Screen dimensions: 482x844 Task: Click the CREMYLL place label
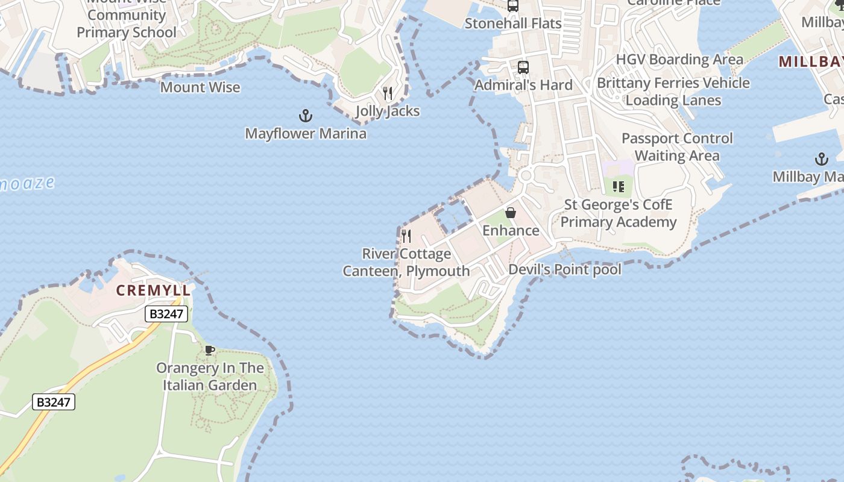coord(153,290)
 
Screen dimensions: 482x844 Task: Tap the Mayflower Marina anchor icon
coord(306,115)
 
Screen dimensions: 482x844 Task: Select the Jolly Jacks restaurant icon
coord(388,93)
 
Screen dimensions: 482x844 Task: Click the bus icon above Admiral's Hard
coord(523,67)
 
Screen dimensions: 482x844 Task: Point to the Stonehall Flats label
coord(513,23)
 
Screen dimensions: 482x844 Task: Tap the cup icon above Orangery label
coord(210,350)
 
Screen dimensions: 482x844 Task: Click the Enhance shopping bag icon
coord(511,213)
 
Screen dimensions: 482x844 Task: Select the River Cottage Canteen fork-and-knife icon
coord(406,236)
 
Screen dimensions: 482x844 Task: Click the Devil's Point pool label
coord(565,269)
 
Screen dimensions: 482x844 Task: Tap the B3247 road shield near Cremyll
coord(166,314)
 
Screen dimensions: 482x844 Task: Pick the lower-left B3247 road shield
coord(54,402)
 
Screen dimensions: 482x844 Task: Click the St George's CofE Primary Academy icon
coord(618,187)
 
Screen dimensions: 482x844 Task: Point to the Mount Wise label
coord(200,87)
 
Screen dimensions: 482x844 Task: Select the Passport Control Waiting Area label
coord(677,147)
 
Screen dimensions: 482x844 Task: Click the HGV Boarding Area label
coord(679,60)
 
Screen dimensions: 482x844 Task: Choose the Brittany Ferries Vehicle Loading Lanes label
coord(673,92)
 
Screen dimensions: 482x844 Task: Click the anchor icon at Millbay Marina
coord(821,159)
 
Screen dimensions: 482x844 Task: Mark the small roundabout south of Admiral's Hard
coord(525,176)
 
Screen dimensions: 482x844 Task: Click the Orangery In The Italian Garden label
coord(210,377)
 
